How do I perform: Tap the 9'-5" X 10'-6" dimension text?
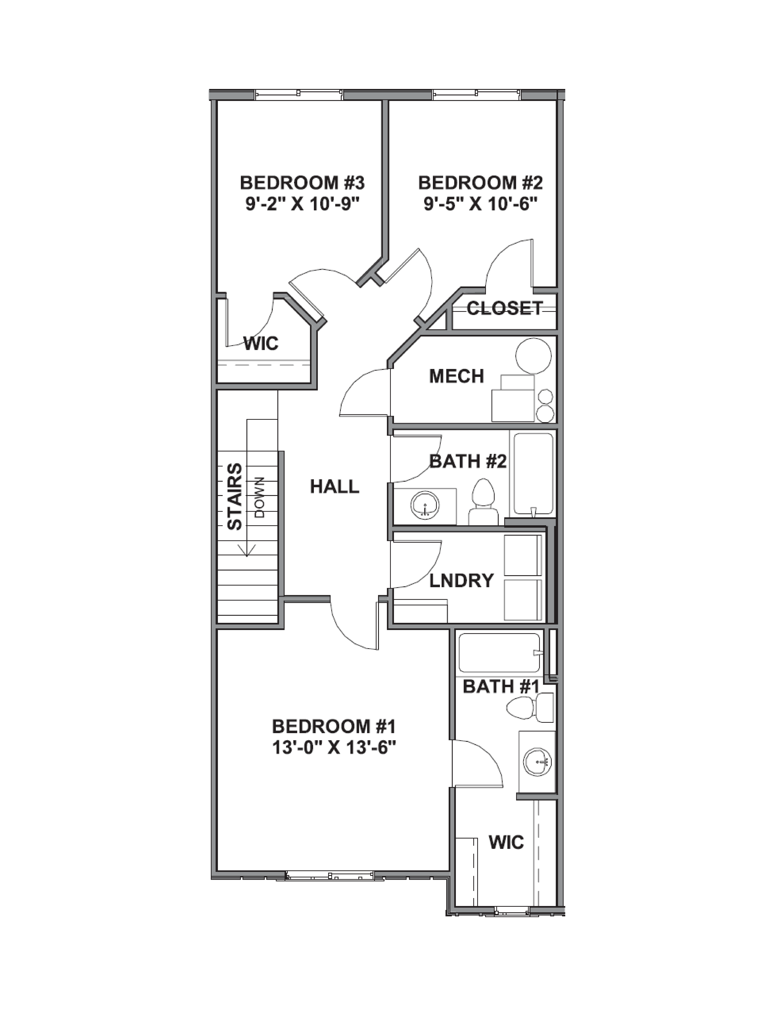(480, 204)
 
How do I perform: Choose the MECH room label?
(456, 376)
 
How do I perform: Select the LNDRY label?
(461, 580)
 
